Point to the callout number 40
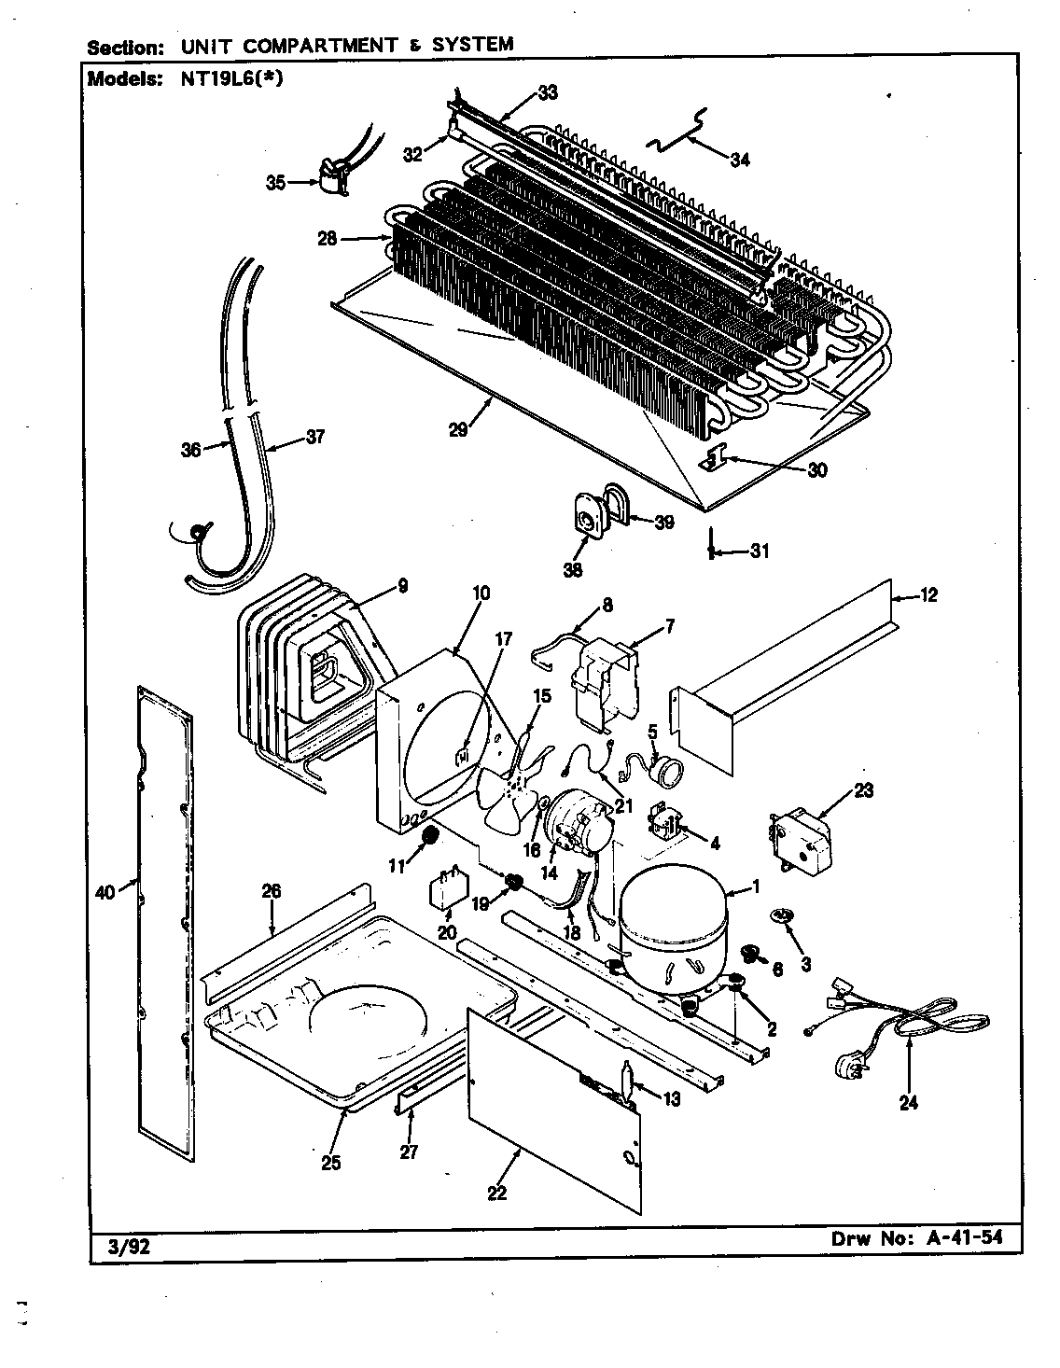tap(105, 893)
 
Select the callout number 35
tap(276, 182)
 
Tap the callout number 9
tap(402, 586)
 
